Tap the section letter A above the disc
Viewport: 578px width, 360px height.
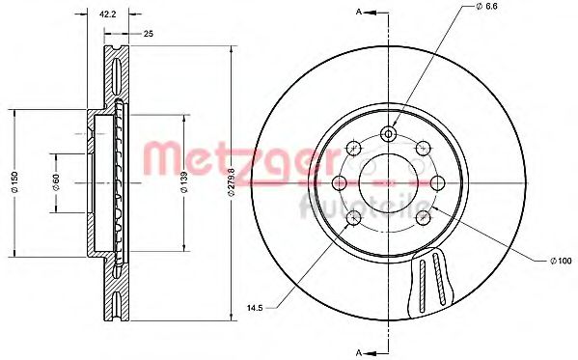click(359, 12)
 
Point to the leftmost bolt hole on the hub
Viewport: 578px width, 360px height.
click(339, 182)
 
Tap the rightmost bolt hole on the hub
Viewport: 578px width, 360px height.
click(436, 182)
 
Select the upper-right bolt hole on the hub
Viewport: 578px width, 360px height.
click(422, 147)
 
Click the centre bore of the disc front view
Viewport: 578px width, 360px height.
click(387, 182)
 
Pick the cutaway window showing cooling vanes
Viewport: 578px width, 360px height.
click(434, 280)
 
